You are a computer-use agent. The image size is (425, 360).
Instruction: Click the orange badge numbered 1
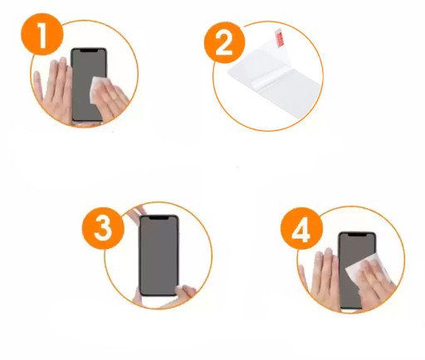click(x=42, y=34)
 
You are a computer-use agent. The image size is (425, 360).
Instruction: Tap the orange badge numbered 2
click(x=224, y=42)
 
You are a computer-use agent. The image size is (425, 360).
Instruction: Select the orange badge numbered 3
click(x=103, y=228)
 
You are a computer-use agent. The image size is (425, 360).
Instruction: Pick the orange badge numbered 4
click(x=301, y=228)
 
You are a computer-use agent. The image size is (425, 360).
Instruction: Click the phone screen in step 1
click(x=89, y=85)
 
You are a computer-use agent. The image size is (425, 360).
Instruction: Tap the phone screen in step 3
click(x=159, y=255)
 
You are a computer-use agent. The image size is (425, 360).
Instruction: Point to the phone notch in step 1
click(x=89, y=51)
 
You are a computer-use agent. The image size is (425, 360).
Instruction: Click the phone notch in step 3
click(x=159, y=218)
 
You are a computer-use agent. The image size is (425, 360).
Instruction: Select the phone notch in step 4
click(x=358, y=235)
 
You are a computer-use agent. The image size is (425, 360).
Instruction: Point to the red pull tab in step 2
click(x=280, y=38)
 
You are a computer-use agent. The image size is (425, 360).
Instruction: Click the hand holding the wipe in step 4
click(x=375, y=285)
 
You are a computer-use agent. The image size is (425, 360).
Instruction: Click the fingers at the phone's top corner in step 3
click(x=137, y=212)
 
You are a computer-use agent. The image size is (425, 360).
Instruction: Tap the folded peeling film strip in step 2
click(x=266, y=79)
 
